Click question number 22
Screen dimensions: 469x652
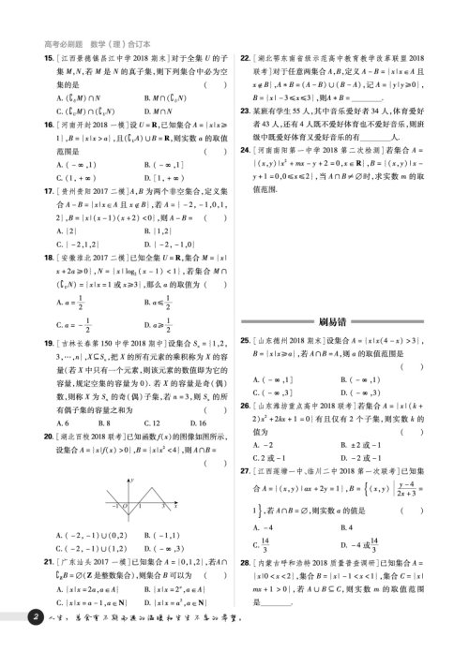point(246,58)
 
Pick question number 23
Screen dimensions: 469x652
point(246,110)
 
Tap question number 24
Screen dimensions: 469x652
point(246,148)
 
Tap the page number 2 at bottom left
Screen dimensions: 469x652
point(35,643)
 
